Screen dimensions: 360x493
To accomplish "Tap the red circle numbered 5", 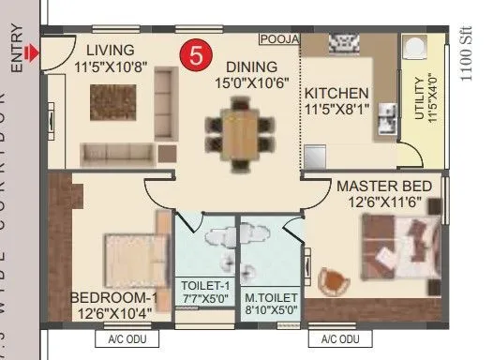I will coord(195,54).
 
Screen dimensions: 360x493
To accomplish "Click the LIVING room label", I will coord(111,49).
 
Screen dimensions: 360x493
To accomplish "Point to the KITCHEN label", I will coord(336,94).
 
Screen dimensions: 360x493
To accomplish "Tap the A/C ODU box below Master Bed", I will coord(341,339).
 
